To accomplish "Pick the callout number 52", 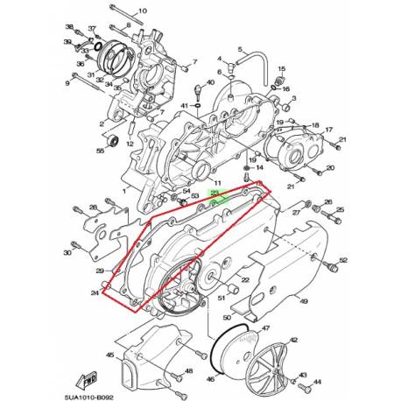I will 343,260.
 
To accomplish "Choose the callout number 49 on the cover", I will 305,301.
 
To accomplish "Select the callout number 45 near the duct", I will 110,355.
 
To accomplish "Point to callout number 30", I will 67,254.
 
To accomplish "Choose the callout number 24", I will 95,294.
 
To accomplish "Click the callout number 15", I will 281,67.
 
